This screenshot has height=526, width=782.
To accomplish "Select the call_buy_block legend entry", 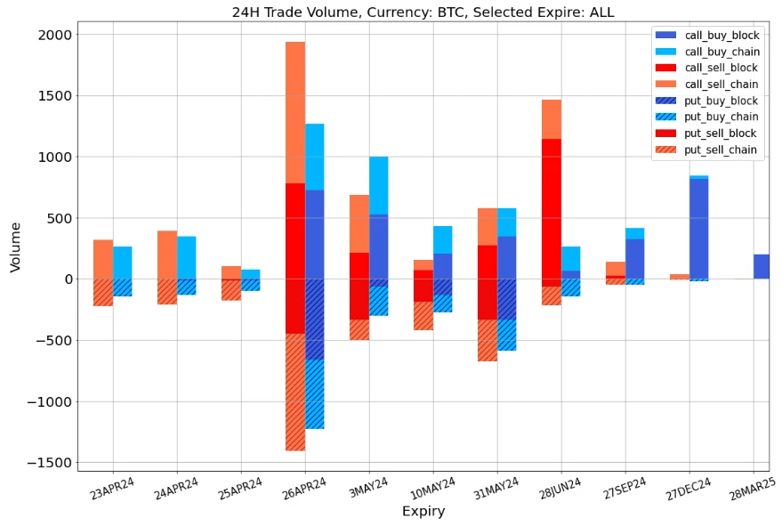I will [x=727, y=36].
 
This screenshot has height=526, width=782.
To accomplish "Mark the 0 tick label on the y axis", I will [x=67, y=279].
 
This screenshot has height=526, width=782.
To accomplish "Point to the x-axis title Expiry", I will [x=423, y=512].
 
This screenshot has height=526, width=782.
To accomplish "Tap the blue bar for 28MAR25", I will [x=761, y=267].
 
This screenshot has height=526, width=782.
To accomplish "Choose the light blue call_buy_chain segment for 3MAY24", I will [x=379, y=185].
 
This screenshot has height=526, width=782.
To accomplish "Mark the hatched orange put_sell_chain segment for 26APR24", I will [x=295, y=392].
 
